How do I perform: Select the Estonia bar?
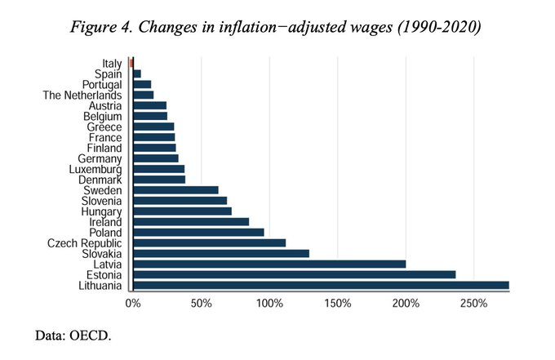tap(294, 274)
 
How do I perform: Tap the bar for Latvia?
tap(269, 264)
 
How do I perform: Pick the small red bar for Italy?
tap(131, 63)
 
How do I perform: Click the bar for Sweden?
tap(175, 189)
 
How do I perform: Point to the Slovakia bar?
tap(220, 253)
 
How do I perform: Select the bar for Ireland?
tap(190, 221)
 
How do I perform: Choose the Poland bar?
tap(198, 232)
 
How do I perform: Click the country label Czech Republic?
tap(85, 242)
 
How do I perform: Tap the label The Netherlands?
tap(82, 95)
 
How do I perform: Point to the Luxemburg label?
tap(95, 169)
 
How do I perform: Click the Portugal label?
tap(102, 84)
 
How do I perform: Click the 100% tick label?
tap(269, 304)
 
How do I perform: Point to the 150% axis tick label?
tap(337, 304)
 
